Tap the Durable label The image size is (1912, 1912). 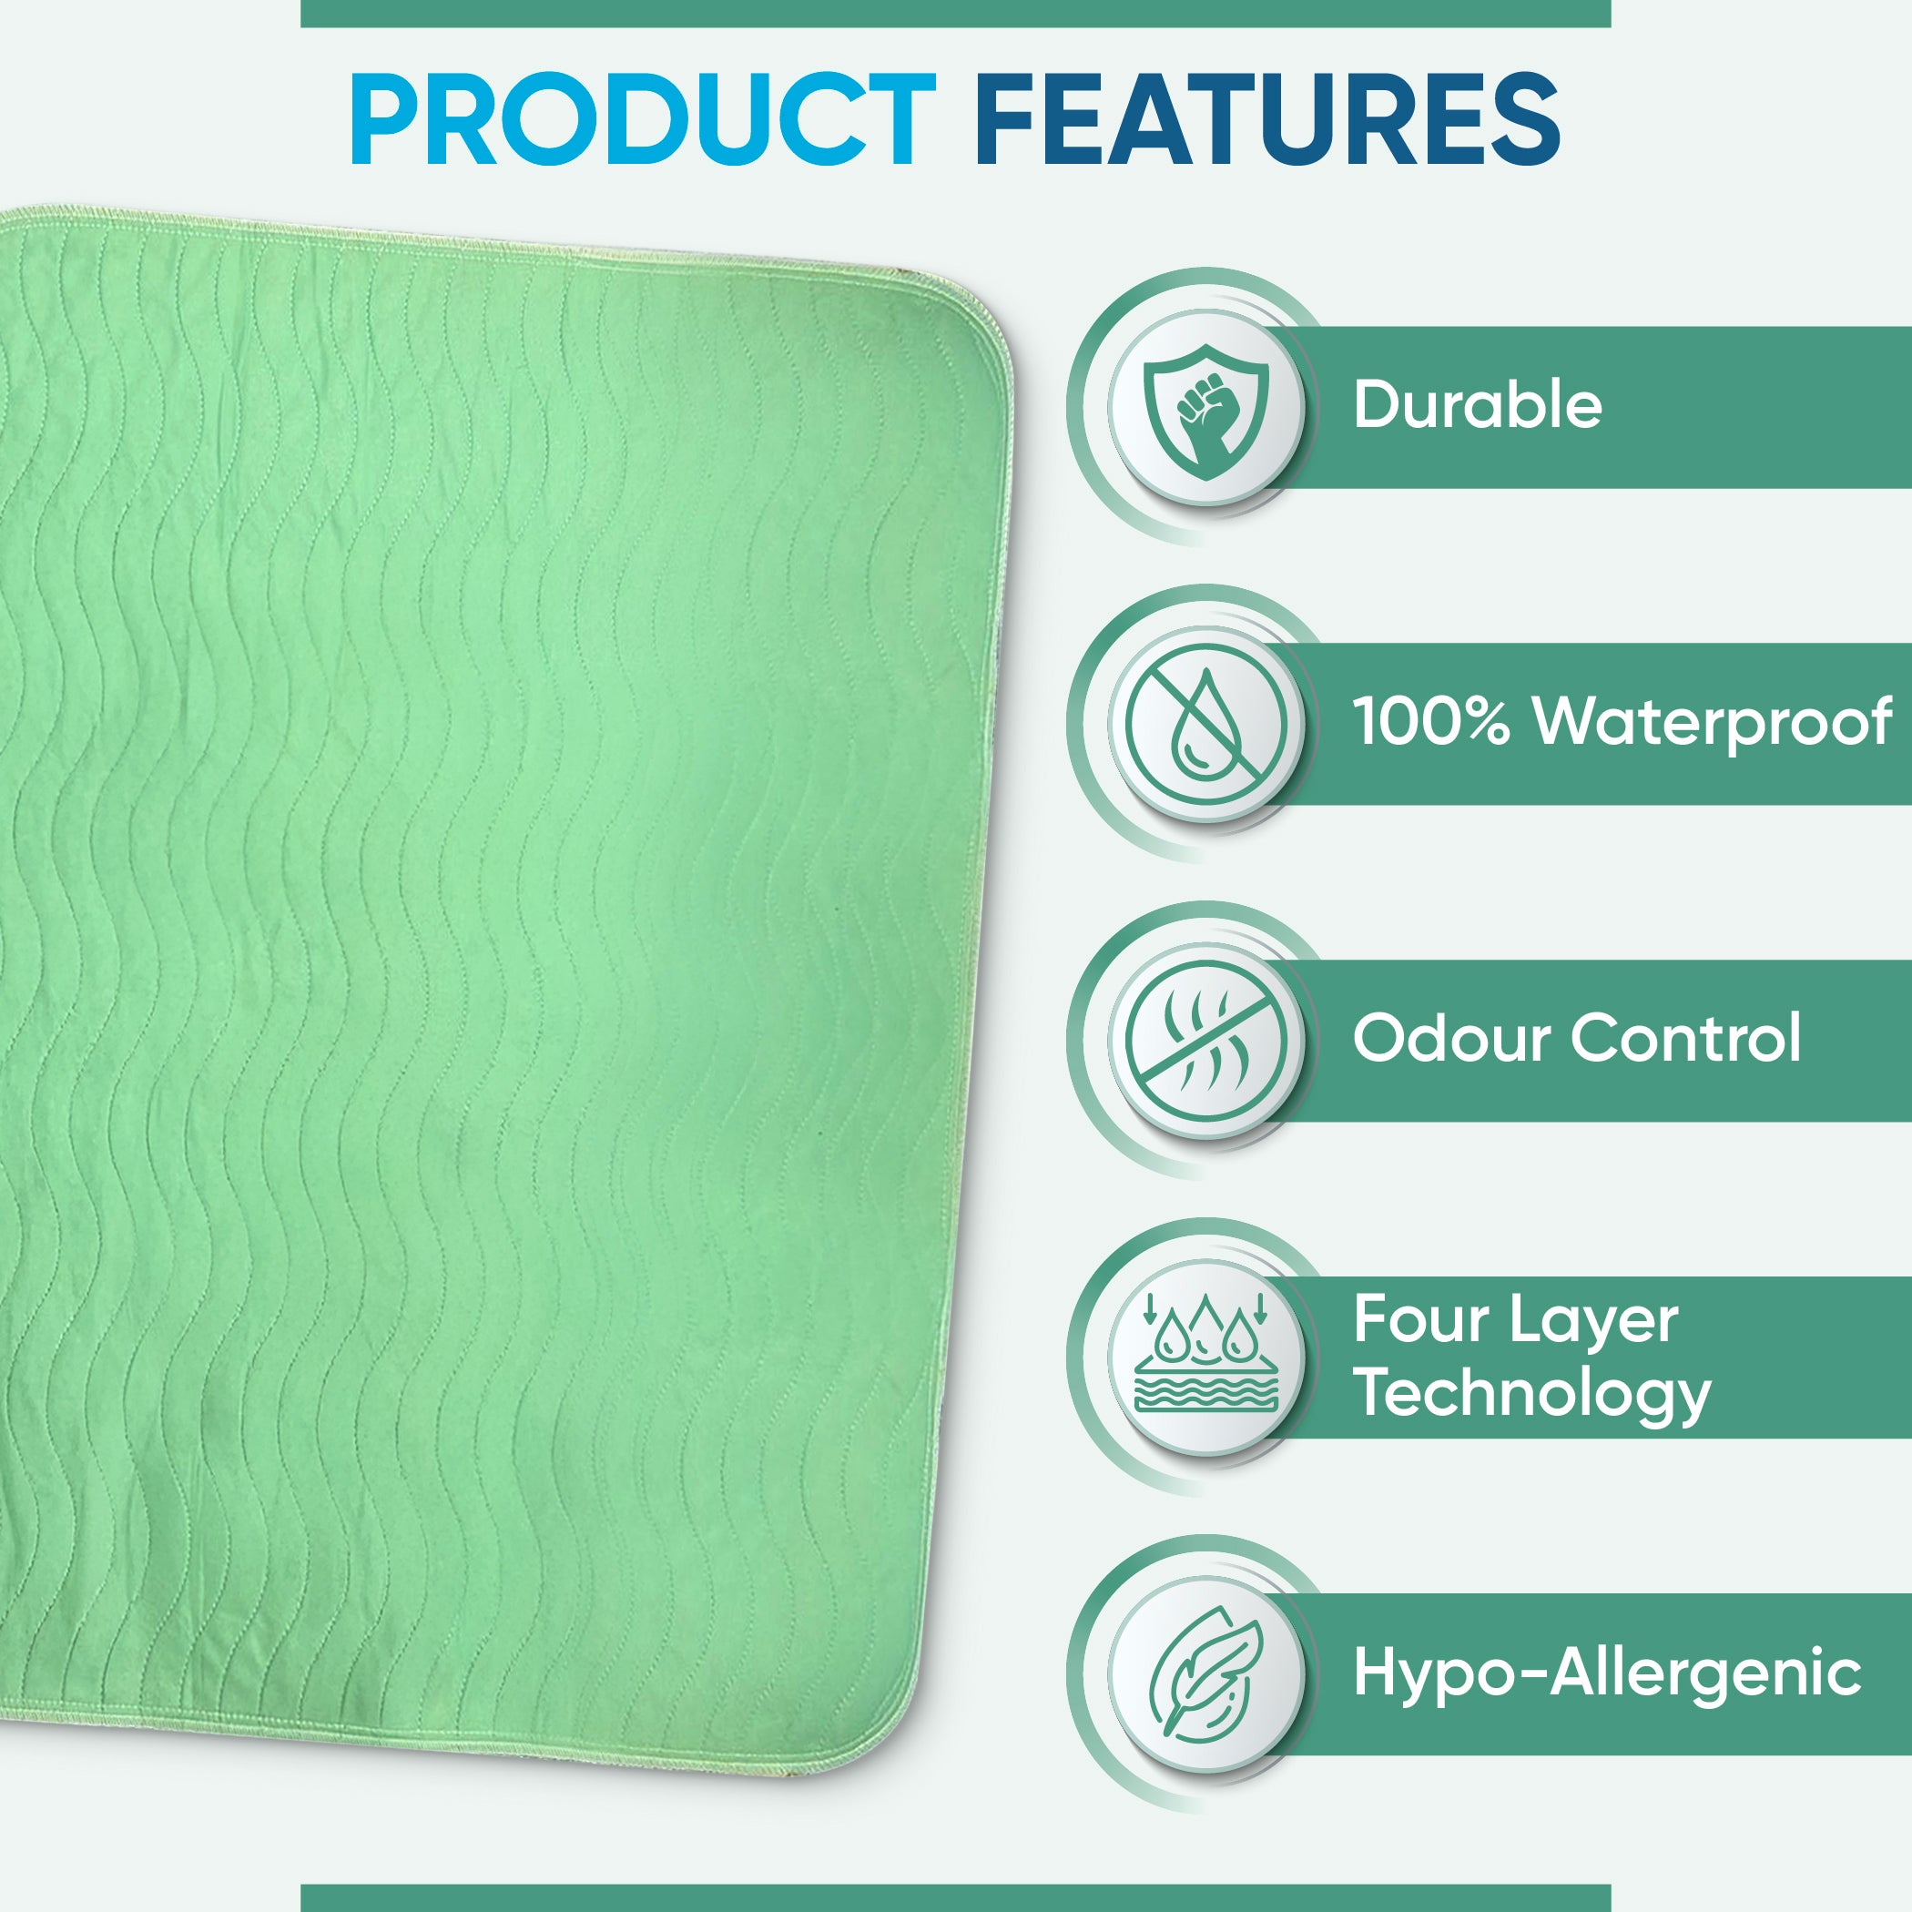pos(1477,405)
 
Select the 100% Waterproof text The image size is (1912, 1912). pos(1622,722)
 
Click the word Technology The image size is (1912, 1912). pos(1532,1397)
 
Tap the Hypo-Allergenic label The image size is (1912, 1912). pos(1607,1673)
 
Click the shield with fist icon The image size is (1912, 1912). pos(1206,407)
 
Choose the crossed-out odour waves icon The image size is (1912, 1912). pos(1206,1039)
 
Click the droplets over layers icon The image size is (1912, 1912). pos(1206,1352)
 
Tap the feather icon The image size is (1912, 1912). pos(1206,1673)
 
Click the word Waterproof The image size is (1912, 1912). pos(1714,722)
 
